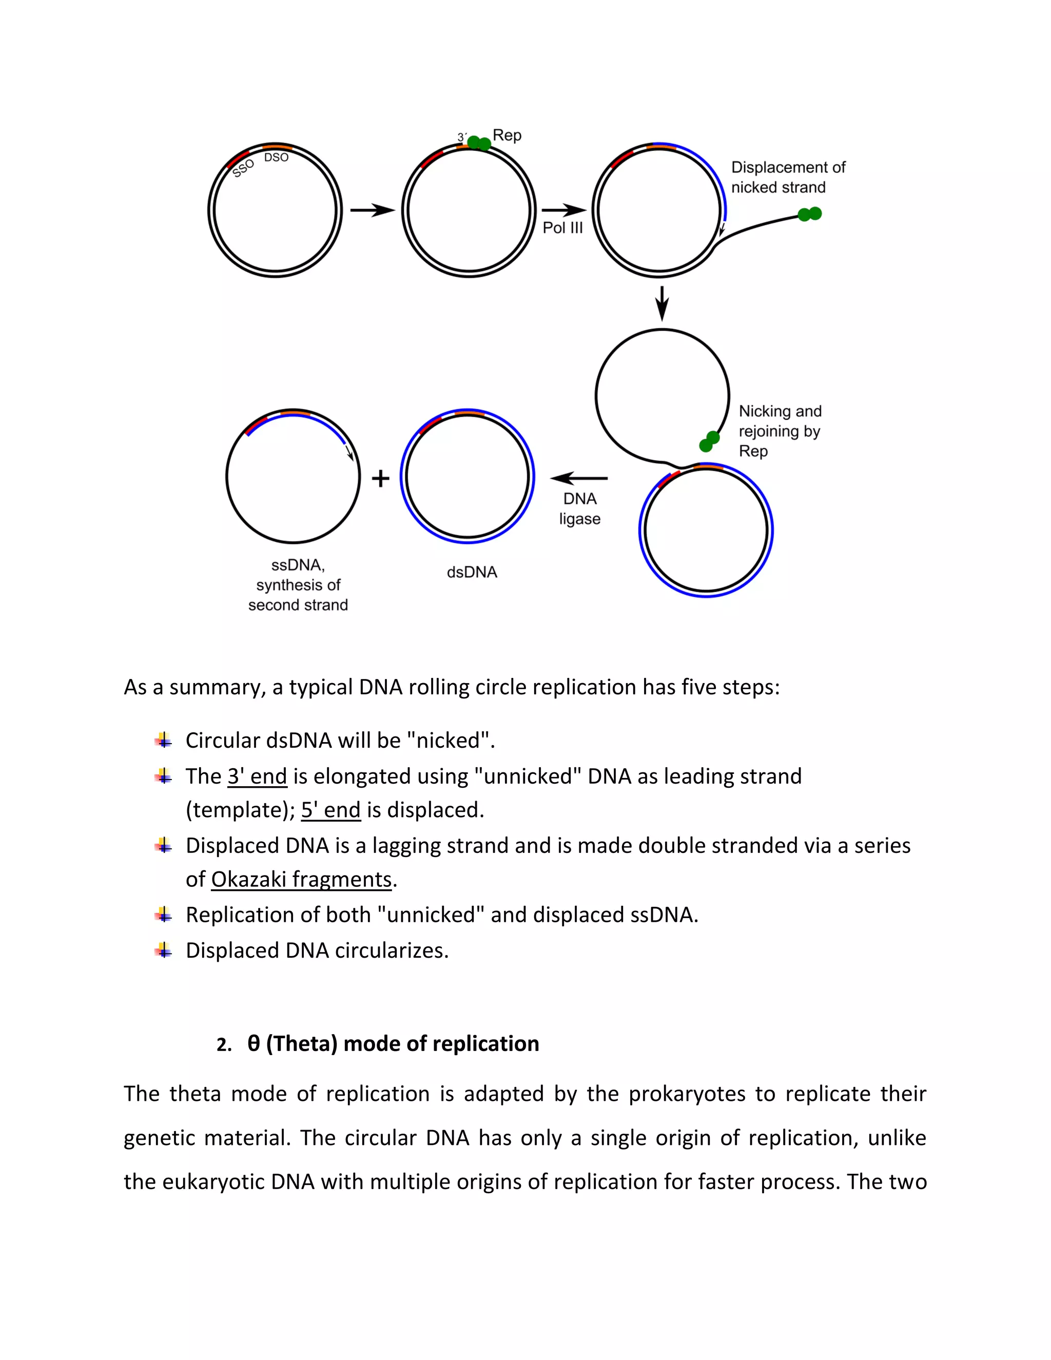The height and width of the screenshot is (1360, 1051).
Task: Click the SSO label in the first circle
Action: (x=243, y=168)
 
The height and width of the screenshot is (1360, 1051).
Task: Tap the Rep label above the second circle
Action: (x=507, y=135)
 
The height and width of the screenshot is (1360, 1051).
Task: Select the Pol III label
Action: (x=562, y=228)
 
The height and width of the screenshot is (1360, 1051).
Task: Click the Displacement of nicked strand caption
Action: (x=787, y=178)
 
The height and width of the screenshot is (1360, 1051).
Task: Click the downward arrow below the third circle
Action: (x=662, y=303)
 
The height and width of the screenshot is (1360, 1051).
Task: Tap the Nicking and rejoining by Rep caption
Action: (x=780, y=431)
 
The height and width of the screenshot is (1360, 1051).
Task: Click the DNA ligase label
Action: (x=580, y=509)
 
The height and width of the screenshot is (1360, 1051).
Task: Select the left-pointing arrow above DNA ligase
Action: (x=578, y=478)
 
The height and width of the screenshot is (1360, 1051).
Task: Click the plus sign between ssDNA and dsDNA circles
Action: (x=380, y=478)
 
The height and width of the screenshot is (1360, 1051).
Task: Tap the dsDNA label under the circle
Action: (x=472, y=572)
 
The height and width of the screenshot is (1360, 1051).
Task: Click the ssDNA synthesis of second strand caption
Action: (x=298, y=586)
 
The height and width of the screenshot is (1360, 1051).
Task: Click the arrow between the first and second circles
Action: (x=373, y=210)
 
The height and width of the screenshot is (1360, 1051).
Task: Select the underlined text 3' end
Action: (x=257, y=776)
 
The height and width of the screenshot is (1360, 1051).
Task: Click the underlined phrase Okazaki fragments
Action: (x=301, y=879)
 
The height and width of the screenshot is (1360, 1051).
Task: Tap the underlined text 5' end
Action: (x=330, y=810)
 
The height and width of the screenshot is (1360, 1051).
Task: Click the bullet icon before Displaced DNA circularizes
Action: (x=164, y=950)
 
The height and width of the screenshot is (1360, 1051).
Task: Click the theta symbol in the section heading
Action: (x=254, y=1044)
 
